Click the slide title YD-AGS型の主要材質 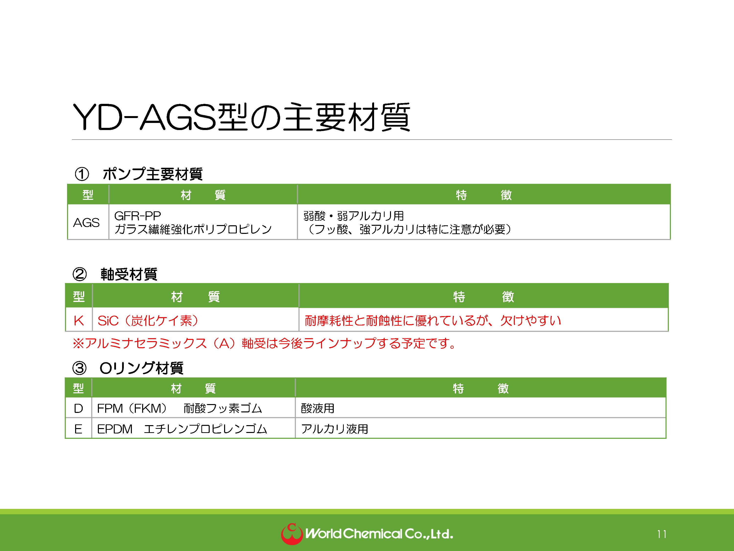pyautogui.click(x=241, y=117)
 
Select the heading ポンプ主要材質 pyautogui.click(x=153, y=174)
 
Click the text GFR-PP pyautogui.click(x=137, y=216)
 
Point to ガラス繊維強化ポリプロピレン pyautogui.click(x=193, y=229)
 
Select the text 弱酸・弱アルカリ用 pyautogui.click(x=353, y=216)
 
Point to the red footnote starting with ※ pyautogui.click(x=264, y=343)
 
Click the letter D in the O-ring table pyautogui.click(x=78, y=408)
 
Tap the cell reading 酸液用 pyautogui.click(x=318, y=408)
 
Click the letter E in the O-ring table pyautogui.click(x=78, y=429)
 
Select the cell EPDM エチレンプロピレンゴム pyautogui.click(x=182, y=429)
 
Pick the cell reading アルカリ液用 pyautogui.click(x=334, y=429)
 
